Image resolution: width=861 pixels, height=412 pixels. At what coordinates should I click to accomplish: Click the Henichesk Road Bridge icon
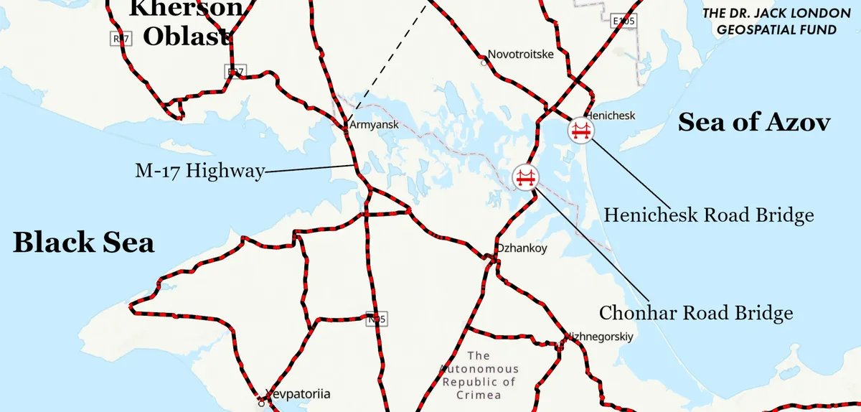(x=580, y=131)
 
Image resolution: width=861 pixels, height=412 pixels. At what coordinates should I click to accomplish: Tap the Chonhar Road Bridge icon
(x=526, y=177)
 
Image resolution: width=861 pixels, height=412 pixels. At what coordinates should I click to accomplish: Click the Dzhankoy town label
(x=522, y=249)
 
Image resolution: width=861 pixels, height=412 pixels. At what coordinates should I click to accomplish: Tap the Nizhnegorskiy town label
(x=601, y=336)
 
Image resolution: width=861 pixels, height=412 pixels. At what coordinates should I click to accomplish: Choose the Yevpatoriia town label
(x=298, y=393)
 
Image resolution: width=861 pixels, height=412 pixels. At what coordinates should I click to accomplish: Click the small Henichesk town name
(x=611, y=116)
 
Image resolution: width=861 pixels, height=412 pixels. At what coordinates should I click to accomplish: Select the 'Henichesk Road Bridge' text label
(x=708, y=215)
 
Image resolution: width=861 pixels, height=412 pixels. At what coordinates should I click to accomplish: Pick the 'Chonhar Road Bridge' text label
(x=696, y=313)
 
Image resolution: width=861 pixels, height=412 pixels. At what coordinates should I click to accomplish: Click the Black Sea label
(x=83, y=243)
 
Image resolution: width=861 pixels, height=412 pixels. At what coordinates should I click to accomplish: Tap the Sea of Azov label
(x=754, y=123)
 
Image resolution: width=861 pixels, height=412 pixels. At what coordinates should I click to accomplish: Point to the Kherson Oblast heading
(x=186, y=22)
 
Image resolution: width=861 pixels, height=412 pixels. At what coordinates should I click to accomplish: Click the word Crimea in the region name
(x=478, y=395)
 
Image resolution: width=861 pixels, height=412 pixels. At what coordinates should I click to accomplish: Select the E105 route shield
(x=624, y=21)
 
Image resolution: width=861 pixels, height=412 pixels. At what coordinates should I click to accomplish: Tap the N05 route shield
(x=375, y=319)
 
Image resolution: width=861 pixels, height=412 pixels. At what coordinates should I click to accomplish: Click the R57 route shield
(x=121, y=39)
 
